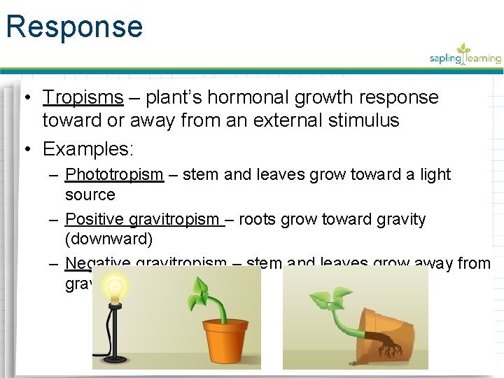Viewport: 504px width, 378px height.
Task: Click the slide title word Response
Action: click(74, 27)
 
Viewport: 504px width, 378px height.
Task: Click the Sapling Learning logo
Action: click(465, 55)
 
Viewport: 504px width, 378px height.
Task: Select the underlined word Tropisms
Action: click(83, 97)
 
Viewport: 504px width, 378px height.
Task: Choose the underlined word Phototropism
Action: click(114, 174)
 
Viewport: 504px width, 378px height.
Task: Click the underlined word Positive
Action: click(95, 219)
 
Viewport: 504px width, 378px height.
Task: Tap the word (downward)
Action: click(108, 239)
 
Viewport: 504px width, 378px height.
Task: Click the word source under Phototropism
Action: click(90, 194)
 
